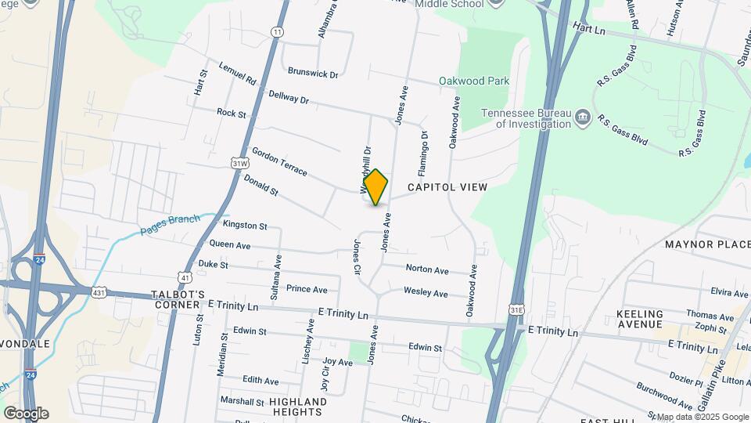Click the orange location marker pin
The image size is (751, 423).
[376, 187]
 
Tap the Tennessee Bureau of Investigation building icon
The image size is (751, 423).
[583, 118]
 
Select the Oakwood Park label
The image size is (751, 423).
[474, 81]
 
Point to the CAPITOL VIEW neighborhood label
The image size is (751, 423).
[447, 187]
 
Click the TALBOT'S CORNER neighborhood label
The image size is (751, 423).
[178, 299]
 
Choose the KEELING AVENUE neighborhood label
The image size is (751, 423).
[640, 319]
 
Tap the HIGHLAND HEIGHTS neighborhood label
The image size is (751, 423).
[298, 407]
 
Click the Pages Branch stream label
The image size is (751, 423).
[171, 225]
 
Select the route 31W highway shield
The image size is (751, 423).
[240, 162]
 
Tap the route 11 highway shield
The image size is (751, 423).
[277, 31]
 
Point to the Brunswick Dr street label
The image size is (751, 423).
[313, 74]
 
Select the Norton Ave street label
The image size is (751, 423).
[427, 269]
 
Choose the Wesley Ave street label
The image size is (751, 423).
[426, 293]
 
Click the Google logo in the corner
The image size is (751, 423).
[26, 413]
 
